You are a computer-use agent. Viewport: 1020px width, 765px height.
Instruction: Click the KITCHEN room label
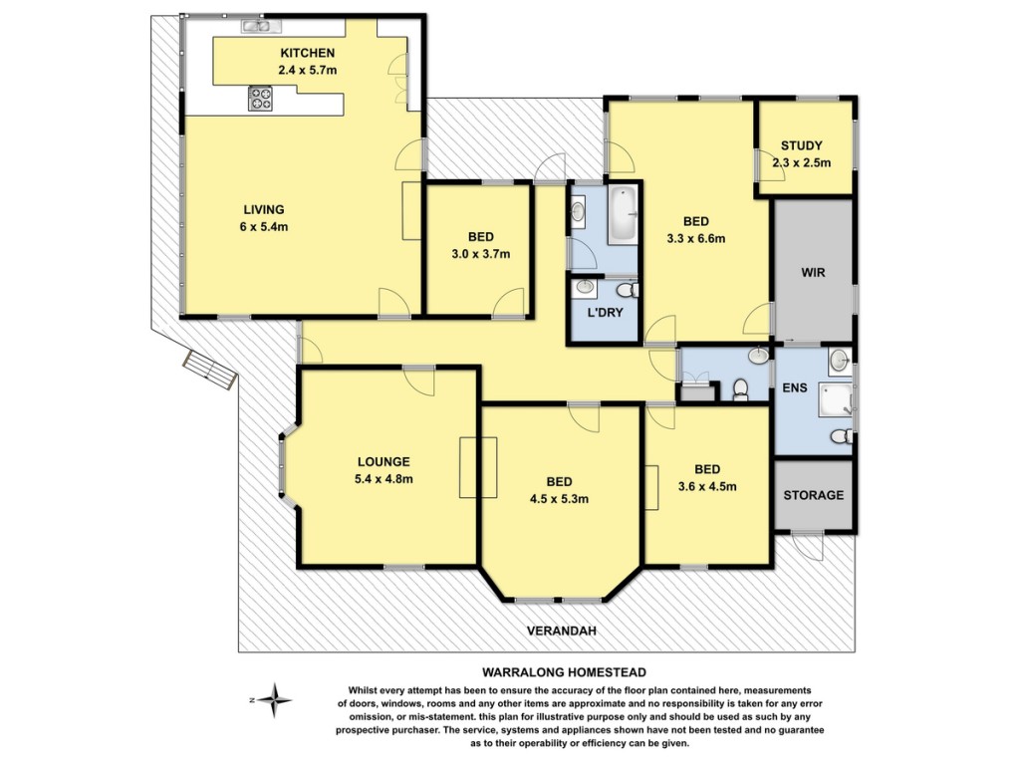tap(307, 54)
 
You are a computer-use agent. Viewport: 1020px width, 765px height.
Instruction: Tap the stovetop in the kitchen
tap(261, 100)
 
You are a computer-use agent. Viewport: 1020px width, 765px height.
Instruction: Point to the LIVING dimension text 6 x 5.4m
tap(263, 227)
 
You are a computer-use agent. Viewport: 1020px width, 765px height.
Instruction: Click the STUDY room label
tap(802, 145)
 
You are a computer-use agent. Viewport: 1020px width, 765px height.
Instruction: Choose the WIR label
tap(813, 273)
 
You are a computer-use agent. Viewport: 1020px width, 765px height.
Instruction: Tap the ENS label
tap(794, 387)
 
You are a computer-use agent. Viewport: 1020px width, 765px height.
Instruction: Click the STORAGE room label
tap(813, 495)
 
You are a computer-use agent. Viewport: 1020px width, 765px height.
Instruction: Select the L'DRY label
tap(605, 312)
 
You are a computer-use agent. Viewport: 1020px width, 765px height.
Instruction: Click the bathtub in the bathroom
tap(623, 215)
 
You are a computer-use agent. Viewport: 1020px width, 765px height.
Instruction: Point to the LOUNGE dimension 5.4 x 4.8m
tap(383, 479)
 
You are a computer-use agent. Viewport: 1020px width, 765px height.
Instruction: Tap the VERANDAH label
tap(562, 631)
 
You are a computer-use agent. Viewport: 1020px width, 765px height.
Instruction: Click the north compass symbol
tap(274, 700)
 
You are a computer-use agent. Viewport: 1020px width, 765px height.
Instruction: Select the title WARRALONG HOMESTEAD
tap(564, 672)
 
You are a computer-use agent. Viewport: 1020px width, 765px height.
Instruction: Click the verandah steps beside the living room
tap(209, 371)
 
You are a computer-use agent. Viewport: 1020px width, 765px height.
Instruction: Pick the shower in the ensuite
tap(835, 400)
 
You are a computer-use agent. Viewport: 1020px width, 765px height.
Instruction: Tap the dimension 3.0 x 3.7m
tap(481, 254)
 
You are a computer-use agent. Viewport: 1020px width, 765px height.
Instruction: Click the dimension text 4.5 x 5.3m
tap(559, 500)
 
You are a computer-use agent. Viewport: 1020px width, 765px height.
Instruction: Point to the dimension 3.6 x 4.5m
tap(707, 486)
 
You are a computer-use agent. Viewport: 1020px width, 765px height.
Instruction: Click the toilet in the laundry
tap(628, 290)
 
